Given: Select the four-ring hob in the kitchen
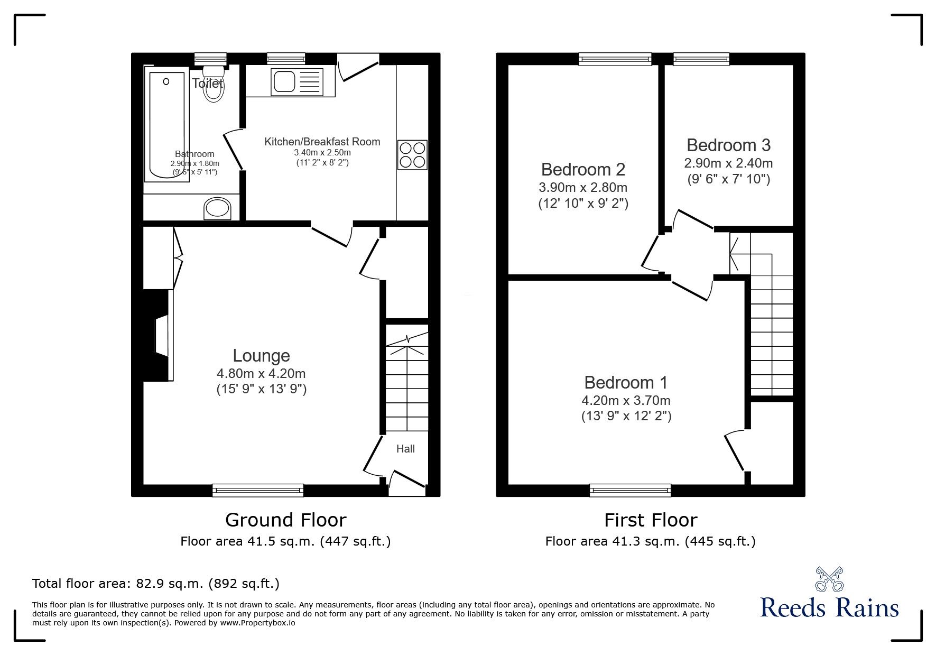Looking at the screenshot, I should point(412,154).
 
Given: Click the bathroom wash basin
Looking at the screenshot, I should point(218,208).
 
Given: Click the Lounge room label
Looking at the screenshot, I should point(261,356).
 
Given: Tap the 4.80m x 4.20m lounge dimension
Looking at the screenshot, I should point(261,373).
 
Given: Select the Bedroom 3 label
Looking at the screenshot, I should point(728,145).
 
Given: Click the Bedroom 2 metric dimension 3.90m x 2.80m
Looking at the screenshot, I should point(583,187).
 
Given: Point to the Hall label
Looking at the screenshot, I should point(405,449).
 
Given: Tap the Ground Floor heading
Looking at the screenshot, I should point(285,520).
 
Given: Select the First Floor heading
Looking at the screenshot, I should point(651,520).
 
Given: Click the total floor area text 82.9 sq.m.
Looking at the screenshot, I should point(156,584).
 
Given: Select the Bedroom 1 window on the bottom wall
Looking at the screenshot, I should point(630,490).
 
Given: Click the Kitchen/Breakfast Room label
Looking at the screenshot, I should point(322,142).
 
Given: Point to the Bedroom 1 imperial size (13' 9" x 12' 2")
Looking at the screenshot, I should point(626,416).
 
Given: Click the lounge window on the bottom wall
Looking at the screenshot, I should point(258,490).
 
